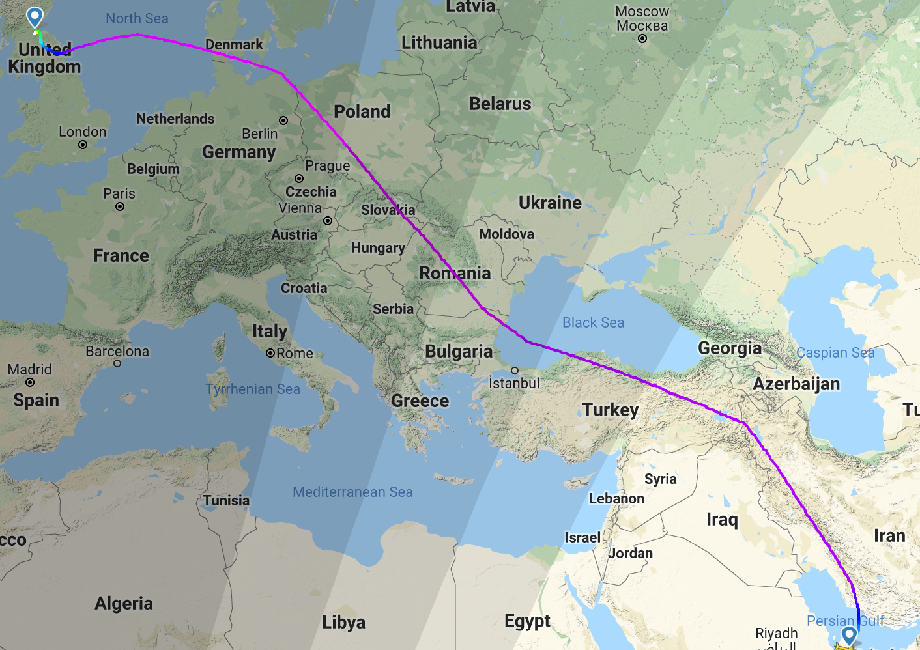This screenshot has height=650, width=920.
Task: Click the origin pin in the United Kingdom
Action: (x=35, y=17)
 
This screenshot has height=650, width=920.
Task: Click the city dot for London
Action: (x=83, y=145)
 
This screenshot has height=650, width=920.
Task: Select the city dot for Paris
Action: (x=120, y=206)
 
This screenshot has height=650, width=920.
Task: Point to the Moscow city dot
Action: (x=642, y=38)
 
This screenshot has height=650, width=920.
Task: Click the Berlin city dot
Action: (x=283, y=120)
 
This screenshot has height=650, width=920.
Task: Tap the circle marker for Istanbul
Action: (x=515, y=371)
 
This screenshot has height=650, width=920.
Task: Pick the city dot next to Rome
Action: (x=270, y=353)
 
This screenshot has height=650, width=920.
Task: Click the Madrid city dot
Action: (x=30, y=382)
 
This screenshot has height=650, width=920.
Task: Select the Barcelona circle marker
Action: (x=117, y=363)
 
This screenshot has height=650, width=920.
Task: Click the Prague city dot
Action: (x=299, y=178)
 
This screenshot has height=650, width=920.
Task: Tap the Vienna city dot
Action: (x=328, y=221)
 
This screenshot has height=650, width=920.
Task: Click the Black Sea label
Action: (x=593, y=322)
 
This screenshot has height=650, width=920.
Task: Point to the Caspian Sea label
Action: (x=835, y=353)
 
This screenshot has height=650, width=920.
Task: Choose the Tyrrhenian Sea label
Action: (x=253, y=389)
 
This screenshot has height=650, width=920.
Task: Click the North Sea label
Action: (x=137, y=18)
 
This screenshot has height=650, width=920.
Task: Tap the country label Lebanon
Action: (x=616, y=498)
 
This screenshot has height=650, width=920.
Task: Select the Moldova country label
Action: (x=506, y=234)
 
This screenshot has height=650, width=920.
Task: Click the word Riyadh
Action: (x=776, y=633)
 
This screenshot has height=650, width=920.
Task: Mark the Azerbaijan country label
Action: (x=796, y=384)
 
